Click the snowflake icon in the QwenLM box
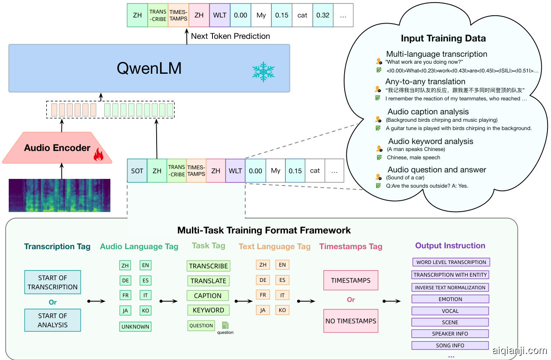[264, 72]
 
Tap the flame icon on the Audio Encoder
[98, 155]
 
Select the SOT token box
[137, 171]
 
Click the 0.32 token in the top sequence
[323, 15]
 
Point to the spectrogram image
[60, 195]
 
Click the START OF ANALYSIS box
[53, 320]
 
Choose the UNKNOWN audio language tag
[135, 326]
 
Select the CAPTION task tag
[208, 295]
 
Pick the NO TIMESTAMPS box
[351, 321]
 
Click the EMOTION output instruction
[450, 299]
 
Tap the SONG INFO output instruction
[450, 345]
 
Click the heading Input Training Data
[443, 38]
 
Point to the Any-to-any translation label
[425, 82]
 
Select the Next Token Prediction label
[230, 36]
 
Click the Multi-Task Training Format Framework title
[264, 230]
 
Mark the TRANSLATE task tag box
[209, 281]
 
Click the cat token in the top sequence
[302, 15]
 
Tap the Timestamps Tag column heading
[351, 247]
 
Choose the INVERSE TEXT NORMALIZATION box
[450, 288]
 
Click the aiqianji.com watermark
[519, 350]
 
